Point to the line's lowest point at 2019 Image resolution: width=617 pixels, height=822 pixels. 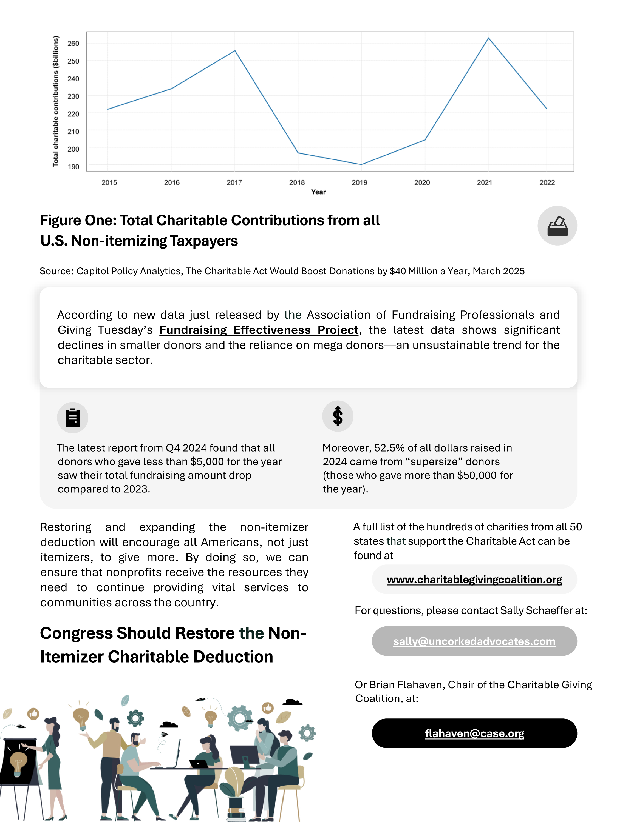click(x=361, y=164)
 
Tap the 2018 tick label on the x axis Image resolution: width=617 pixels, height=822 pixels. click(x=297, y=182)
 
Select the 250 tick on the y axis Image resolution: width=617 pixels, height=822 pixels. click(x=73, y=61)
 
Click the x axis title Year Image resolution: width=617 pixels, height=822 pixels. click(x=318, y=192)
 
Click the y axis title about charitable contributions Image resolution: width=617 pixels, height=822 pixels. click(x=55, y=101)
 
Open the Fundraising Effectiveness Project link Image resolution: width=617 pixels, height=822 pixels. click(x=259, y=330)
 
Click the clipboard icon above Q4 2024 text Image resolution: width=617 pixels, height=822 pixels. click(x=72, y=417)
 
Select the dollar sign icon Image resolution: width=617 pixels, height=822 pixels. click(x=338, y=416)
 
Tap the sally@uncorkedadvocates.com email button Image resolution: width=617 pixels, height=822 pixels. click(x=474, y=641)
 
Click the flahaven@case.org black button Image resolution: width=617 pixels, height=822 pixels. click(x=474, y=733)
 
